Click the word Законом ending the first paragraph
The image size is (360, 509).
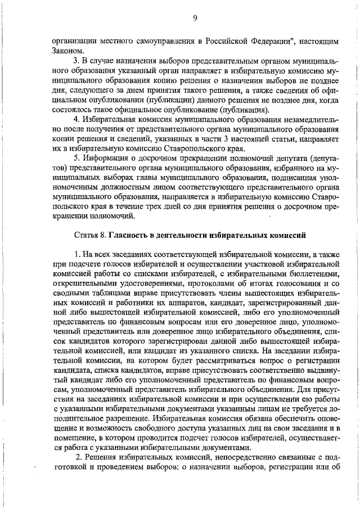click(67, 51)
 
